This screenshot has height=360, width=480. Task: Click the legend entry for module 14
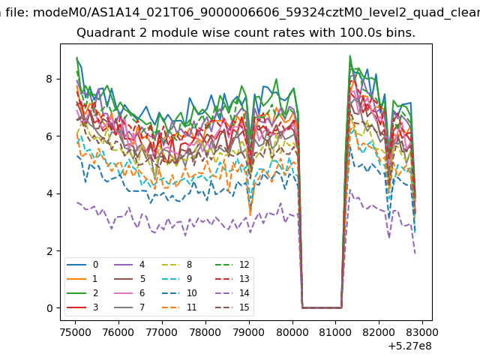pos(234,293)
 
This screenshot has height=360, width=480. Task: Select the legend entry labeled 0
pos(82,265)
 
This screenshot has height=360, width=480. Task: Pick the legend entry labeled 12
pos(234,265)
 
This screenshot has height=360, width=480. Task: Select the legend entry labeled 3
pos(82,307)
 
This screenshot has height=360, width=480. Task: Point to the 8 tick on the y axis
pos(49,79)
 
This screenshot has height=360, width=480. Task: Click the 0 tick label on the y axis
pos(49,308)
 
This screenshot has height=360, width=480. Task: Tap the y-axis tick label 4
pos(49,193)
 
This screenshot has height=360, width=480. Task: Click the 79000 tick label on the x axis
pos(248,332)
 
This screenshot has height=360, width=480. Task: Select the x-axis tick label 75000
pos(75,332)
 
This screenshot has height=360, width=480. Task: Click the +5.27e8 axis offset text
pos(409,346)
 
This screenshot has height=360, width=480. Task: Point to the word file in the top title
pos(17,13)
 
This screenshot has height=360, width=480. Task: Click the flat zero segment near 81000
pos(322,307)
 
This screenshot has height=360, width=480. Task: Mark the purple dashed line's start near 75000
pos(77,202)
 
